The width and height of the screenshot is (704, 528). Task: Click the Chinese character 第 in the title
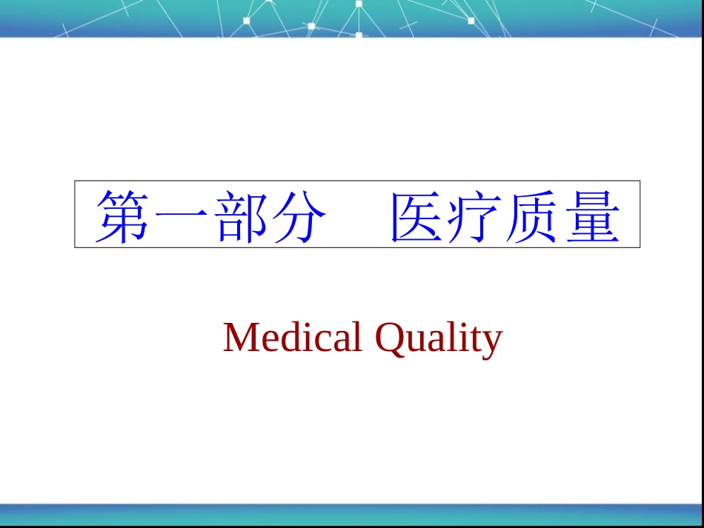(x=122, y=216)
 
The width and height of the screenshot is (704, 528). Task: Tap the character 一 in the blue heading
(x=181, y=215)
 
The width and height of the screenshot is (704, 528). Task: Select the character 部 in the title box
(x=240, y=216)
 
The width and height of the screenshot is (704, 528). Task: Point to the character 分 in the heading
(x=299, y=216)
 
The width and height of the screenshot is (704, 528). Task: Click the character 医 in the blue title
(x=416, y=216)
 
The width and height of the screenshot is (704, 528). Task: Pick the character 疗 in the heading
(x=475, y=216)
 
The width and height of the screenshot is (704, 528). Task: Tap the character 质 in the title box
(x=534, y=216)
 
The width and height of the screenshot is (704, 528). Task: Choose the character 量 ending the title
(x=593, y=216)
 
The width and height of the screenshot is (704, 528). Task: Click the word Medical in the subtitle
(x=293, y=336)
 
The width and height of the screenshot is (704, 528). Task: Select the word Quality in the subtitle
(x=439, y=340)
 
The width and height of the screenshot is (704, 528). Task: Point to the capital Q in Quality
(x=390, y=340)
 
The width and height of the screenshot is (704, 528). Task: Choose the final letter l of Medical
(x=357, y=336)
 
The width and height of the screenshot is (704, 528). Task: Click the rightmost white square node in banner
(x=471, y=20)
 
